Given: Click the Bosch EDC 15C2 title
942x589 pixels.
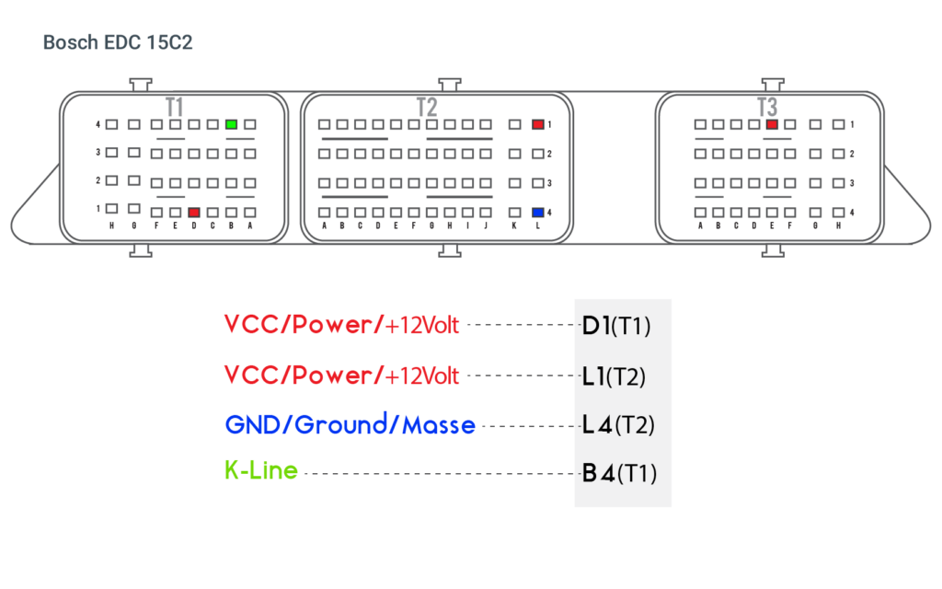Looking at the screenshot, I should tap(118, 42).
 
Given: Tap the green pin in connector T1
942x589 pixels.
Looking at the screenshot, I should tap(232, 123).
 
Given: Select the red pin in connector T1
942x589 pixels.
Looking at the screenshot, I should tap(193, 212).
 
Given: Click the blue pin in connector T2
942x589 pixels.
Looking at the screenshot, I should tap(538, 212).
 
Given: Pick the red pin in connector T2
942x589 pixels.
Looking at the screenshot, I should tap(538, 123).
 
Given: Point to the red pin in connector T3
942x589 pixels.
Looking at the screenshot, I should tap(772, 123).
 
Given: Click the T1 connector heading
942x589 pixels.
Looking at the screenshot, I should tap(175, 107).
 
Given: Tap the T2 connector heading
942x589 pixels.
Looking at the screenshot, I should tap(426, 107).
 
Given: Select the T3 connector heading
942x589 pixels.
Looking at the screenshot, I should tap(767, 107).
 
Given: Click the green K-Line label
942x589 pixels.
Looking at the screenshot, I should tap(261, 471).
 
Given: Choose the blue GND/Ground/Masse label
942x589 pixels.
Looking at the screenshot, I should tap(350, 425).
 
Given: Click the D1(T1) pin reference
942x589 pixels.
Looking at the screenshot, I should tap(616, 325).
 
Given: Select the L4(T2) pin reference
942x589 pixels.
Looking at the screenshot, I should tap(616, 424).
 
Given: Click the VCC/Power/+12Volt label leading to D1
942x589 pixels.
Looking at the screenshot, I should tap(341, 324).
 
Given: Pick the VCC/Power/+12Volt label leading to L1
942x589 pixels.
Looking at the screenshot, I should tap(341, 375).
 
